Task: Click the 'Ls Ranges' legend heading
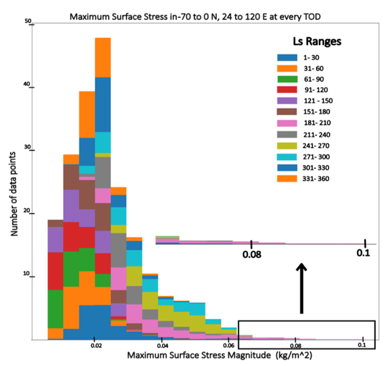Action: [317, 42]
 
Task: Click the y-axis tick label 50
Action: [27, 21]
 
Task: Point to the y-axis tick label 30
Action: [27, 148]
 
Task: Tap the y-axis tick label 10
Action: [27, 274]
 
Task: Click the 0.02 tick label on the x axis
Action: [95, 344]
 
